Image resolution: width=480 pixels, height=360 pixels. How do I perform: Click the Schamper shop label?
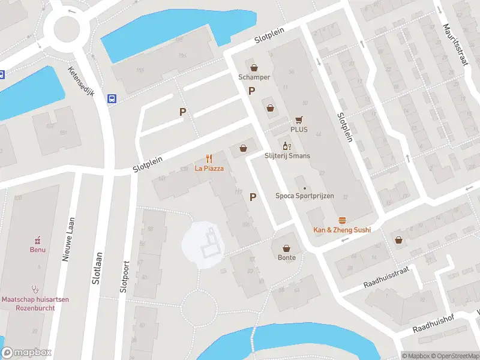point(254,77)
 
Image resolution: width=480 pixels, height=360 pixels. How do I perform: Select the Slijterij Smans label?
point(286,155)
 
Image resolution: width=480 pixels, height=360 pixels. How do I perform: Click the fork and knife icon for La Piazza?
point(209,159)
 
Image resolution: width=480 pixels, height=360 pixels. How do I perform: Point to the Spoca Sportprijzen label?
point(304,196)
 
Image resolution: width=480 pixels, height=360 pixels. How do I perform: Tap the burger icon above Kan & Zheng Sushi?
point(342,220)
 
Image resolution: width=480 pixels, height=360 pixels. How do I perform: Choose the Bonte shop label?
point(286,257)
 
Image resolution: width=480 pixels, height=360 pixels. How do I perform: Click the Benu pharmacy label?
point(38,249)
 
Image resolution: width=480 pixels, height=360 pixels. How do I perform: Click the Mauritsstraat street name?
point(454,49)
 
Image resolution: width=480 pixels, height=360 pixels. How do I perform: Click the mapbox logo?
point(27,353)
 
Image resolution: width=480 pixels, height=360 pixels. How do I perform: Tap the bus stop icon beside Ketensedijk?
point(112,99)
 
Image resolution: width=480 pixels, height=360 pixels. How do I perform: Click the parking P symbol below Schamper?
point(252,91)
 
